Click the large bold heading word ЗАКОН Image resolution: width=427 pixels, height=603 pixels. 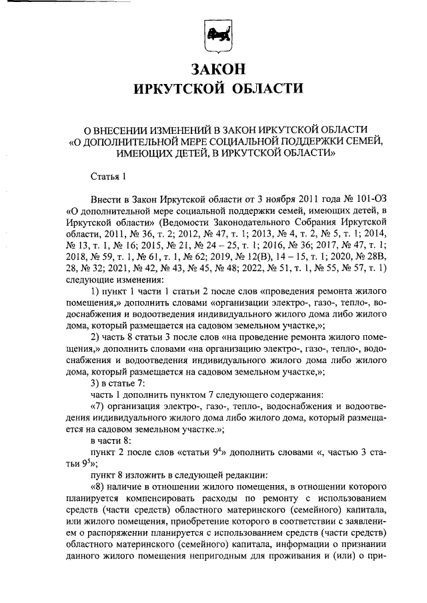213,68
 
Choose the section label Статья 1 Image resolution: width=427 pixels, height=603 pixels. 107,177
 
